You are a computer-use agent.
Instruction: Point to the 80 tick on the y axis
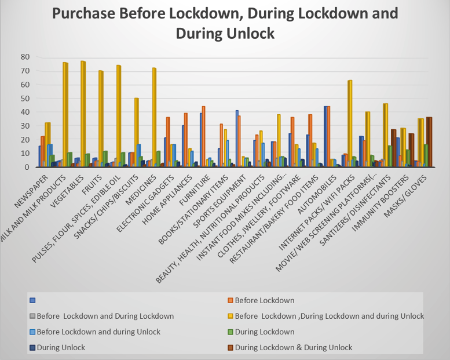(24, 57)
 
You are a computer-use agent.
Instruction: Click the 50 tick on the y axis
(24, 98)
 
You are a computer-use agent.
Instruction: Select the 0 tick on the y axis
(27, 167)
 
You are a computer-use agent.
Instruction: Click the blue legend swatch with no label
(33, 300)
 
